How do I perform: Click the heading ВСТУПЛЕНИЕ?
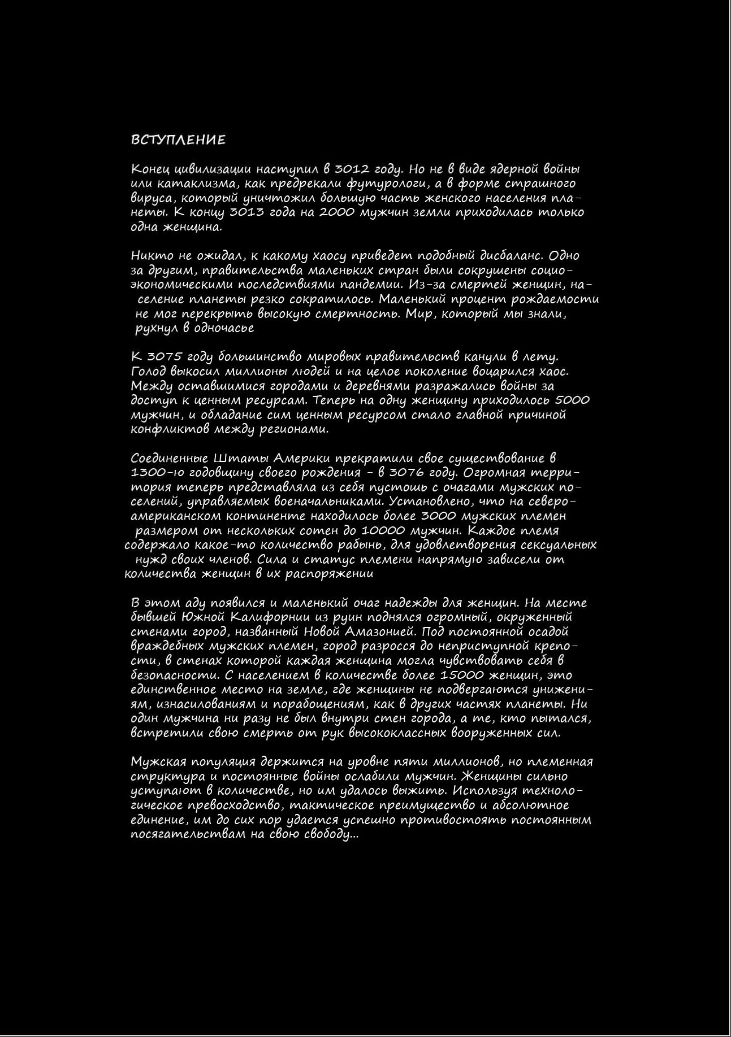[178, 140]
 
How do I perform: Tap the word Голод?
[148, 372]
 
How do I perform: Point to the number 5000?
[572, 400]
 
